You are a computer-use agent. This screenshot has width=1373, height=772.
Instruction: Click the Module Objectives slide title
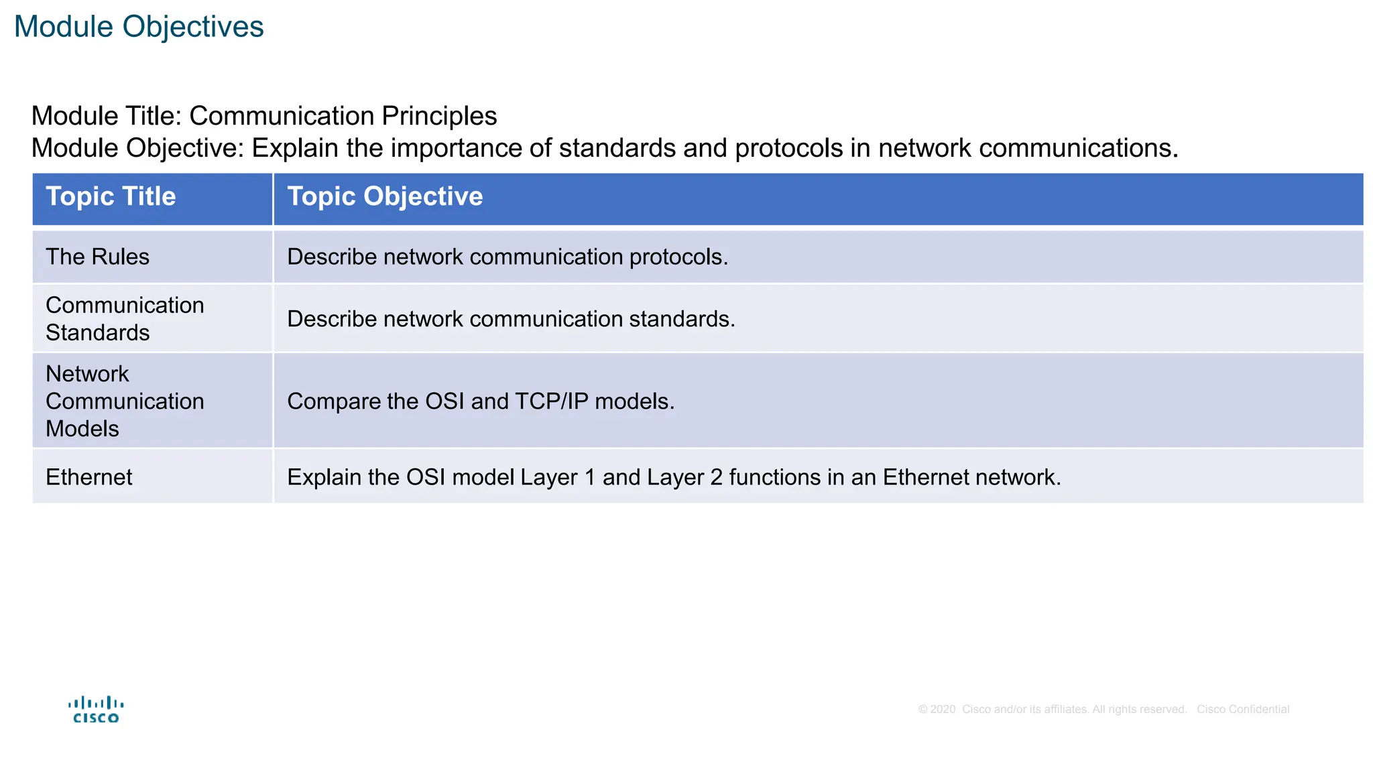point(139,27)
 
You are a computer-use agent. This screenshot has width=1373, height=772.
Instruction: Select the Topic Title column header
point(111,197)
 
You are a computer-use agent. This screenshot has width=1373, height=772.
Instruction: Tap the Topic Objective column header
point(385,197)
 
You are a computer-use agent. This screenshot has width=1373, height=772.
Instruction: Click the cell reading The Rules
point(97,257)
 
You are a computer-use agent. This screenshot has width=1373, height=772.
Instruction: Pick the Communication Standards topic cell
point(124,319)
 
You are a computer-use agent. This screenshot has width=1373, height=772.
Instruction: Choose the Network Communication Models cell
point(124,401)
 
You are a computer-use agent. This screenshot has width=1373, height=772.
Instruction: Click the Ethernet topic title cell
point(88,478)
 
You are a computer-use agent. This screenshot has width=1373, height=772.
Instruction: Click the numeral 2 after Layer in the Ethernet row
point(716,478)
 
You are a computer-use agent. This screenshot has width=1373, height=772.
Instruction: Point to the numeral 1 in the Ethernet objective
point(590,478)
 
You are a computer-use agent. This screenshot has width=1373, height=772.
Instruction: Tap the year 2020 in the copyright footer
point(943,710)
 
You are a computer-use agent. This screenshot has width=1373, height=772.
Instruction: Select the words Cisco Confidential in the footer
point(1243,710)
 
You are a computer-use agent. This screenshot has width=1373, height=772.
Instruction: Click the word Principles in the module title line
point(439,117)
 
